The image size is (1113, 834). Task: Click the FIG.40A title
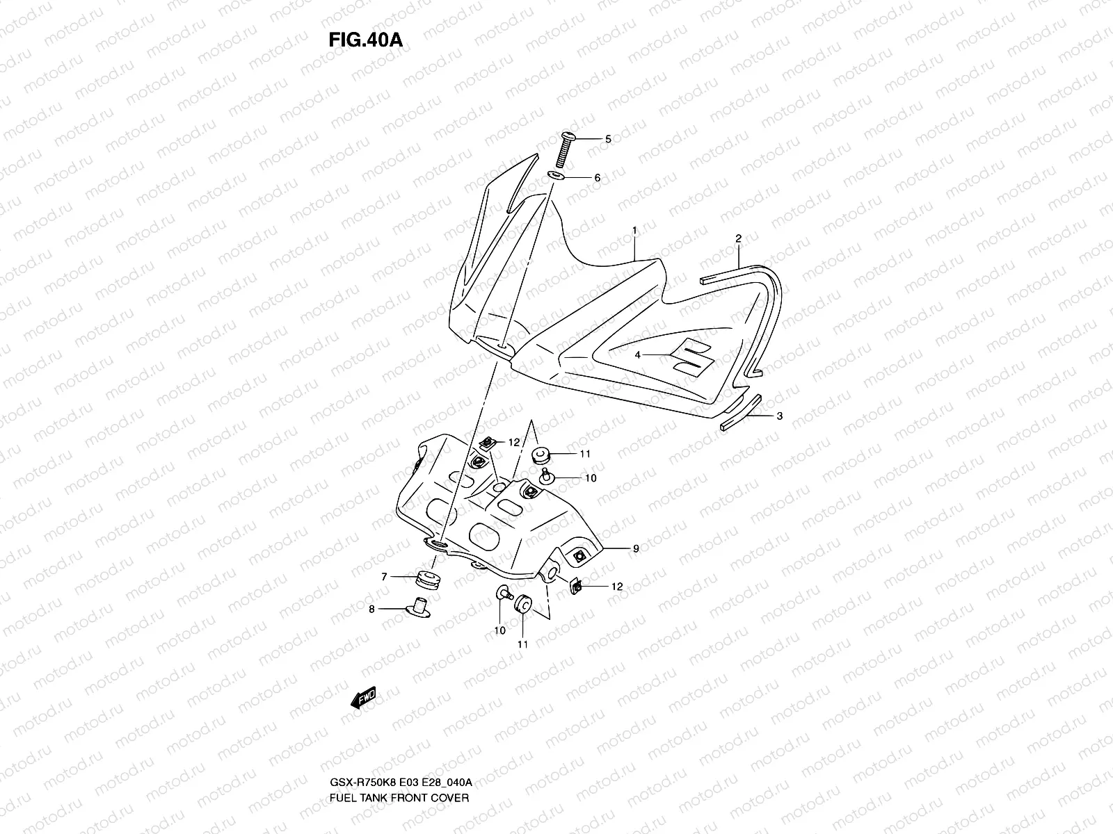[x=365, y=40]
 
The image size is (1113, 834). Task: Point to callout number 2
[x=738, y=238]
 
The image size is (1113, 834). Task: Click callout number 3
[x=780, y=416]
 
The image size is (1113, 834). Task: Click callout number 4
[x=637, y=354]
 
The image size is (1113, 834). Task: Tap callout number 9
[x=635, y=548]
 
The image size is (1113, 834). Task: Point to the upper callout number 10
[x=591, y=478]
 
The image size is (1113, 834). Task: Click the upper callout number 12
[x=513, y=442]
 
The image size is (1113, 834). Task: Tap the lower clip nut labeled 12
[x=576, y=588]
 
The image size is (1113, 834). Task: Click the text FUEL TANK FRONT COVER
[x=399, y=758]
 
